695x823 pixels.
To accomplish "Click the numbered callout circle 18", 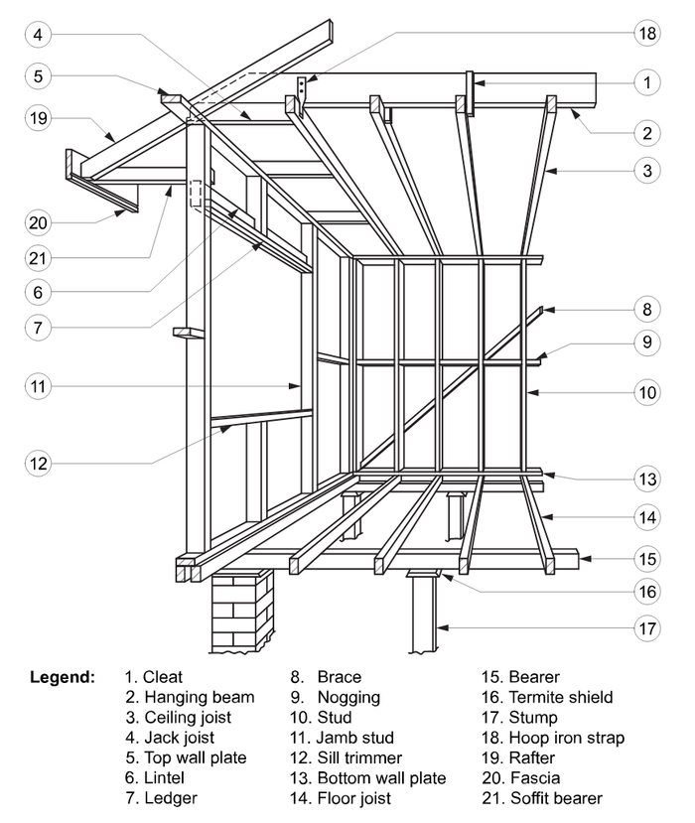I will coord(646,33).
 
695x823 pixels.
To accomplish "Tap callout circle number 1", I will coord(646,83).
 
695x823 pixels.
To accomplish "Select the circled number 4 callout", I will coord(38,35).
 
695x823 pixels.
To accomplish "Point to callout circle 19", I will coord(38,118).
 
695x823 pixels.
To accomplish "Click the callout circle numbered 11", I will coord(38,385).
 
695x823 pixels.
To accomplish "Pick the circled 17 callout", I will coord(646,627).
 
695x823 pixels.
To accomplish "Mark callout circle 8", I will coord(646,311).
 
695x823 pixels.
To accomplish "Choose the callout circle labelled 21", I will coord(38,257).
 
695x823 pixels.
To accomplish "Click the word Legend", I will coord(63,677).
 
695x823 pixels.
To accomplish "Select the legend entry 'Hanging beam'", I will coord(189,697).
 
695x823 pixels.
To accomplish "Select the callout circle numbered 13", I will coord(646,480).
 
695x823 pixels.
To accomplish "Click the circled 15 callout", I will coord(646,560).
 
